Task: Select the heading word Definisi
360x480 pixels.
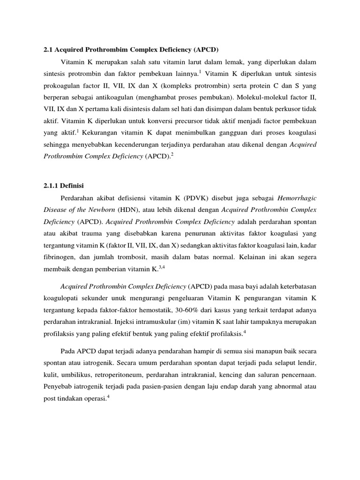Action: coord(71,186)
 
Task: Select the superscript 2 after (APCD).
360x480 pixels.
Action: coord(172,155)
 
